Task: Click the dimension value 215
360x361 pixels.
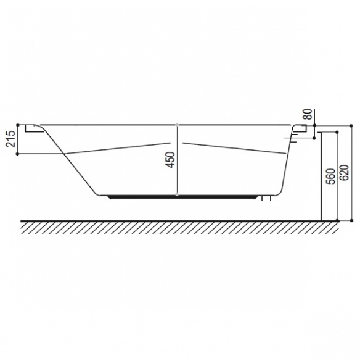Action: tap(11, 139)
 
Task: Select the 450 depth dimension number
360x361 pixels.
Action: tap(171, 160)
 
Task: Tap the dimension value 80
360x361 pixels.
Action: tap(308, 114)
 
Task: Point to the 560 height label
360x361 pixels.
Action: tap(332, 176)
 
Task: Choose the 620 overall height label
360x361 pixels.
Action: tap(345, 173)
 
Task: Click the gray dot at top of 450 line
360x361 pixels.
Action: tap(177, 125)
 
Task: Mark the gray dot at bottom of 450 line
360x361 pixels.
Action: tap(177, 195)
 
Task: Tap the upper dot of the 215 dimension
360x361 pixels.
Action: tap(18, 125)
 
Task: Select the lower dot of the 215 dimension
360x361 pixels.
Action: tap(18, 154)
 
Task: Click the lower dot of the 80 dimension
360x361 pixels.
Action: tap(314, 138)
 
